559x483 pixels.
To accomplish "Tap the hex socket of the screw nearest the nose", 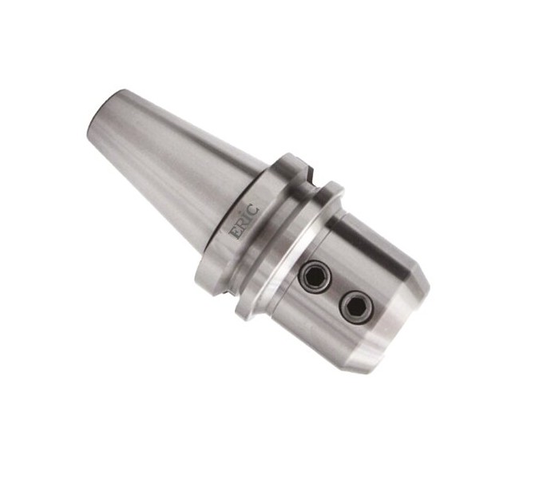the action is pos(356,306).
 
